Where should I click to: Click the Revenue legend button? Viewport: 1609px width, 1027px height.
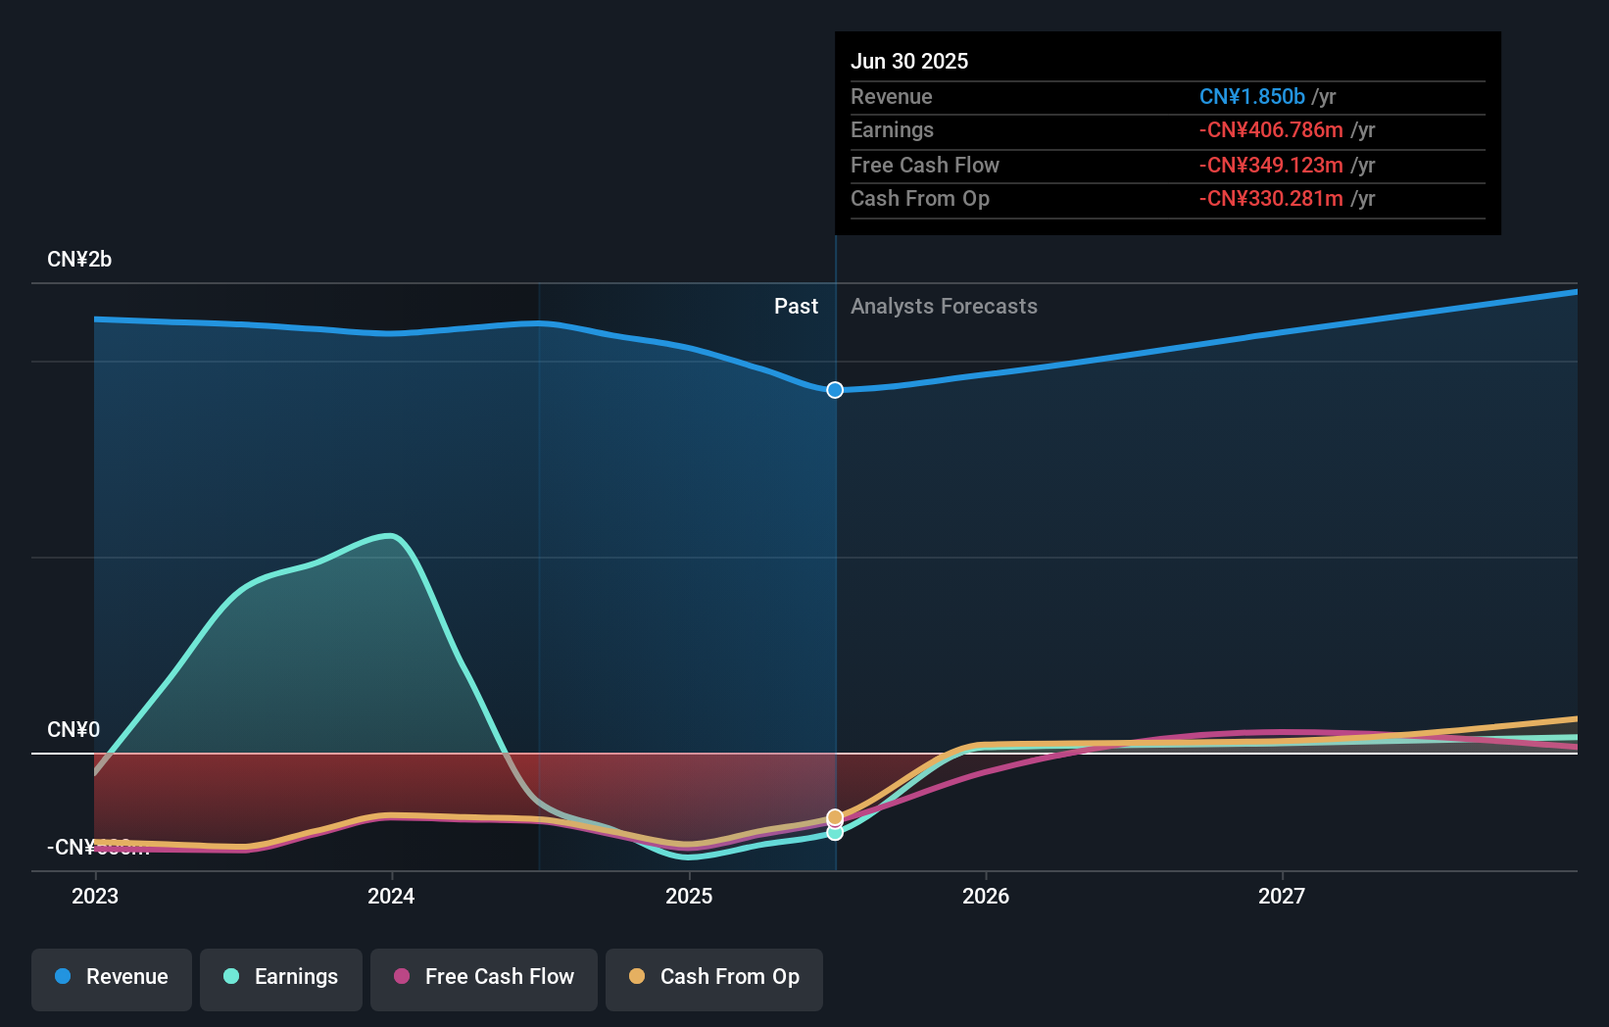click(x=112, y=977)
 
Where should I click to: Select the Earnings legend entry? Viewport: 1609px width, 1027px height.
click(x=281, y=977)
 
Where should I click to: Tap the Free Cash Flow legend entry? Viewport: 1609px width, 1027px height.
click(x=484, y=977)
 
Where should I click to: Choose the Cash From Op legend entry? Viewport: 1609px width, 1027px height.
click(x=714, y=977)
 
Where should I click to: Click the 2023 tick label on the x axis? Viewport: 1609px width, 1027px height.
click(x=95, y=896)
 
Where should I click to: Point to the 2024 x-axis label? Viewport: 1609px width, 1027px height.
click(x=391, y=896)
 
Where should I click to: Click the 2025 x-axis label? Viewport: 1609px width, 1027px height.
click(x=689, y=896)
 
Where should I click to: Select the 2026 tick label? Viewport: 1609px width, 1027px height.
click(x=986, y=896)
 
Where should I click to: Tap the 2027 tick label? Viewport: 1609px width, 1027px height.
click(x=1282, y=896)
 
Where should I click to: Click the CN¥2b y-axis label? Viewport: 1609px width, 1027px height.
click(x=79, y=260)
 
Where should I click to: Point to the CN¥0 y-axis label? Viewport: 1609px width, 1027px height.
click(x=73, y=730)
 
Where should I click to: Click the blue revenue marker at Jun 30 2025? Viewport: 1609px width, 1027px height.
click(x=835, y=390)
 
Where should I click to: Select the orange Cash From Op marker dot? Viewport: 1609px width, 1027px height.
click(x=835, y=816)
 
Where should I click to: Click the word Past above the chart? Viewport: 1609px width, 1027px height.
click(x=796, y=307)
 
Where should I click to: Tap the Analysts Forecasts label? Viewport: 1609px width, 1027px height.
click(x=944, y=307)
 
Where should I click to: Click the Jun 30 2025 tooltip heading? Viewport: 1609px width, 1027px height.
click(x=909, y=61)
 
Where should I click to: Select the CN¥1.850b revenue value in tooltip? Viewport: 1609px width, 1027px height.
click(x=1251, y=97)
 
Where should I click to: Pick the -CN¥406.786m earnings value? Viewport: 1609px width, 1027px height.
click(x=1271, y=130)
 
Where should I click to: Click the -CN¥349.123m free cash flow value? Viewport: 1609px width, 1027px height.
click(x=1271, y=166)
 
